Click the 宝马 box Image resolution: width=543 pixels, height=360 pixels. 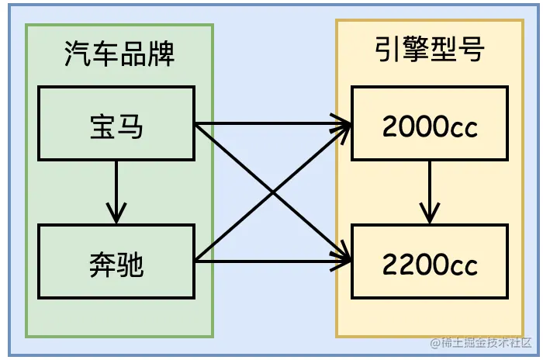click(116, 124)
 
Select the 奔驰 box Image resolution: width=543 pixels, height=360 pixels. click(116, 261)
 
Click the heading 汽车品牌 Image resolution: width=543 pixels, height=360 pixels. click(119, 54)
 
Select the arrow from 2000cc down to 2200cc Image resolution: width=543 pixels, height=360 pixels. click(429, 190)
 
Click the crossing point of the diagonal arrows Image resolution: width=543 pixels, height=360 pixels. click(271, 192)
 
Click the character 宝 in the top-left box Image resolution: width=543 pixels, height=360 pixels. click(103, 125)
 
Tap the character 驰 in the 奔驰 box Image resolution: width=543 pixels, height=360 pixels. click(131, 262)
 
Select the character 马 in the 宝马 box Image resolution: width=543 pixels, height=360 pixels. click(131, 125)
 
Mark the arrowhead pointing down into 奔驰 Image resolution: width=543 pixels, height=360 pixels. click(116, 213)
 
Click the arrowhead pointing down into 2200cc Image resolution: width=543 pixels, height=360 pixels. click(429, 213)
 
